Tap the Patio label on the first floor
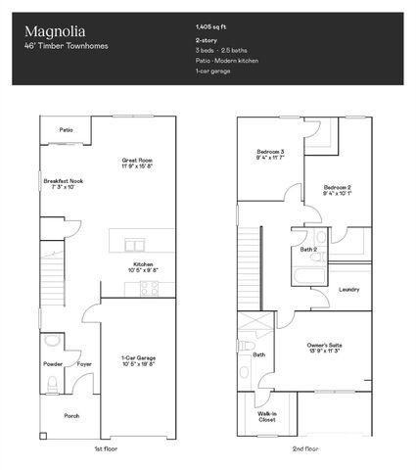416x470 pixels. pos(65,129)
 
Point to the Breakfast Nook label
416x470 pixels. pos(64,181)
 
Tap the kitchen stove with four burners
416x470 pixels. pos(149,289)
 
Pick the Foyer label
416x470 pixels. pos(85,364)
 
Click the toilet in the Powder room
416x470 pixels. pos(52,343)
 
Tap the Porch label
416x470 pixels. pos(71,415)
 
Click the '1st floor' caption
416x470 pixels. pos(107,448)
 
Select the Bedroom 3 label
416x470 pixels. pos(269,153)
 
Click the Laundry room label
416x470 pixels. pos(348,290)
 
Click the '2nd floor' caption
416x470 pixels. pos(304,448)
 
